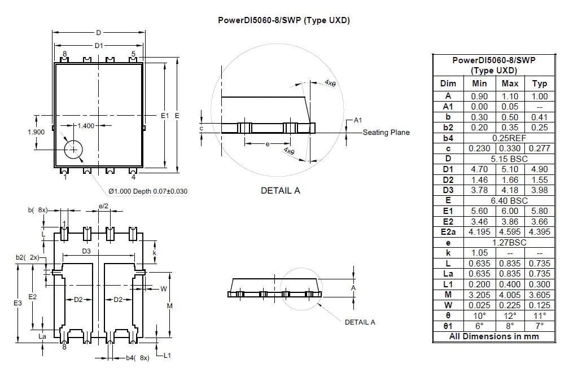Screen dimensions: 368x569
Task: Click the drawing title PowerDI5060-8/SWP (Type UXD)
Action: point(284,20)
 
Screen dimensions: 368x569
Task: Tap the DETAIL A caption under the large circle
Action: point(280,190)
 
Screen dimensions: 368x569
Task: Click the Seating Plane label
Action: point(386,133)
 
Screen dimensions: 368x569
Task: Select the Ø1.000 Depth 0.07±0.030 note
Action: point(146,191)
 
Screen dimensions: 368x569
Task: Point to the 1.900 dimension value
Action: point(36,132)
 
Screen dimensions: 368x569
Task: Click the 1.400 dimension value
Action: point(86,125)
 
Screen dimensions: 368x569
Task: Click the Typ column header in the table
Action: point(539,84)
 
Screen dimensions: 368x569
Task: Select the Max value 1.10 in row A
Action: point(510,97)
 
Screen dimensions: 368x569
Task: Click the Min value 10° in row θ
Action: point(479,315)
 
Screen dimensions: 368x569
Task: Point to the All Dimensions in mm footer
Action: point(494,336)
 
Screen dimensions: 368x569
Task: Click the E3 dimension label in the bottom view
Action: point(17,303)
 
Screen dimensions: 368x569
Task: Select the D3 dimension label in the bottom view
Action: point(86,251)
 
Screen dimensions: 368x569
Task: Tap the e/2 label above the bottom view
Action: point(103,207)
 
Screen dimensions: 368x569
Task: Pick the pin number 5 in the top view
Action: point(133,54)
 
